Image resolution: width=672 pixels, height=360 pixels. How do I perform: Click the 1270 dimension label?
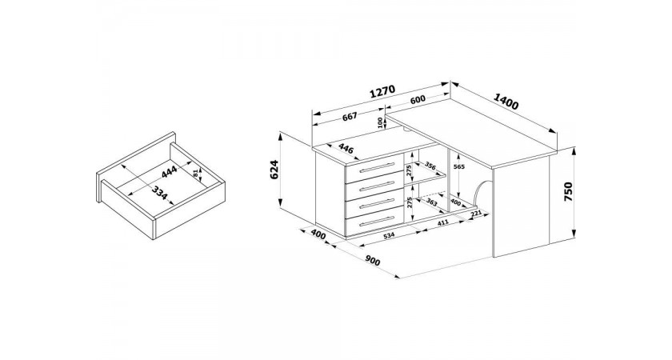[x=382, y=92]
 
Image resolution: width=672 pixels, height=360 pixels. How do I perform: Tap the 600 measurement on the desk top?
[x=418, y=99]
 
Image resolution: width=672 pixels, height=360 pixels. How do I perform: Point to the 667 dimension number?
[x=350, y=116]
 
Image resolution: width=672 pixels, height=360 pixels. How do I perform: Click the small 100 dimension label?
[x=380, y=122]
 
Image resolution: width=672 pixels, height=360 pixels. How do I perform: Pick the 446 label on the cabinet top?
[x=346, y=149]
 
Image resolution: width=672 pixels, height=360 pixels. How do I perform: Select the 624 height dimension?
[x=274, y=170]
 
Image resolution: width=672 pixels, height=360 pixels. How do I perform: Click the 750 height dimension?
[x=568, y=192]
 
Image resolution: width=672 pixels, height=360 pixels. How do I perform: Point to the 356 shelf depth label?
[x=430, y=166]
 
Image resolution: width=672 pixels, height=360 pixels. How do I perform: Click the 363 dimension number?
[x=431, y=202]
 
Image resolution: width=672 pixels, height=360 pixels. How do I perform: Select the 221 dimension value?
[x=477, y=214]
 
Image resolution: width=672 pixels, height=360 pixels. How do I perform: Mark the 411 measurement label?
[x=442, y=222]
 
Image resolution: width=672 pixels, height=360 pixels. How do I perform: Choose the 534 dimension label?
[x=388, y=236]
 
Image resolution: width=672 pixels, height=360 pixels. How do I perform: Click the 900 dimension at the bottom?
[x=373, y=260]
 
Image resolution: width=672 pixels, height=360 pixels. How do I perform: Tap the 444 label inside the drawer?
[x=170, y=171]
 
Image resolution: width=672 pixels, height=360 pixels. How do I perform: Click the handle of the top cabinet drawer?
[x=377, y=167]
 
